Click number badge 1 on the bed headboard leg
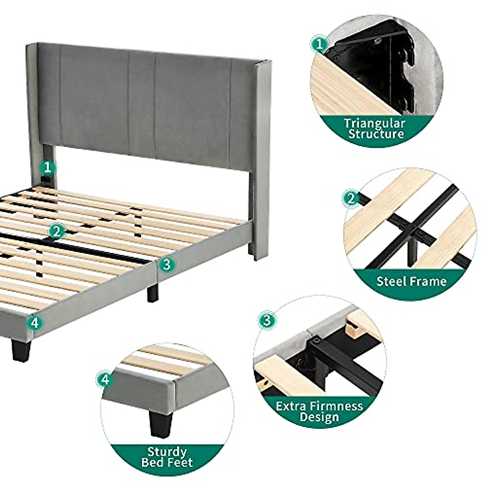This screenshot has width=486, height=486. [48, 167]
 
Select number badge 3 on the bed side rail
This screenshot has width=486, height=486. [166, 265]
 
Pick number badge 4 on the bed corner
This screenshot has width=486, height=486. [34, 323]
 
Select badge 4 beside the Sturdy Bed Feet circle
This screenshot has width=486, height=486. [105, 379]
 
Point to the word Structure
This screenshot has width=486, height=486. [376, 134]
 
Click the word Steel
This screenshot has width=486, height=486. [391, 281]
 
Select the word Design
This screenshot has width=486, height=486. [319, 417]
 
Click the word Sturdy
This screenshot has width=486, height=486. [167, 452]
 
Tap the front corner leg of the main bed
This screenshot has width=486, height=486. [20, 350]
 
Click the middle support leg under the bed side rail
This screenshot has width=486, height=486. [152, 292]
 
